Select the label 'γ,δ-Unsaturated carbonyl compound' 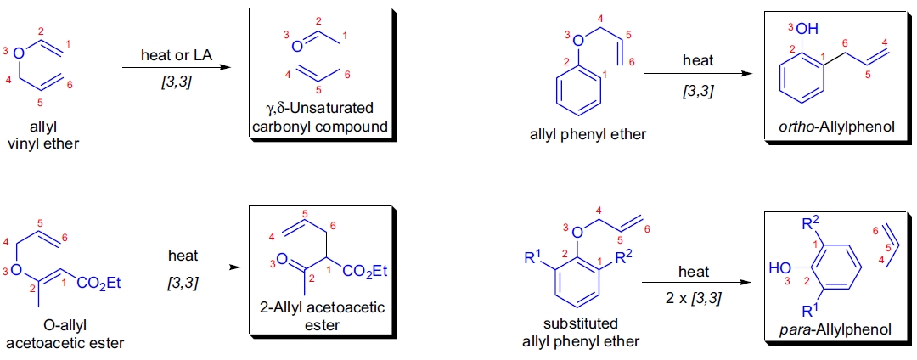tap(319, 118)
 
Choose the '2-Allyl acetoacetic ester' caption tap(319, 316)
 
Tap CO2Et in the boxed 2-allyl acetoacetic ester tap(367, 271)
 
